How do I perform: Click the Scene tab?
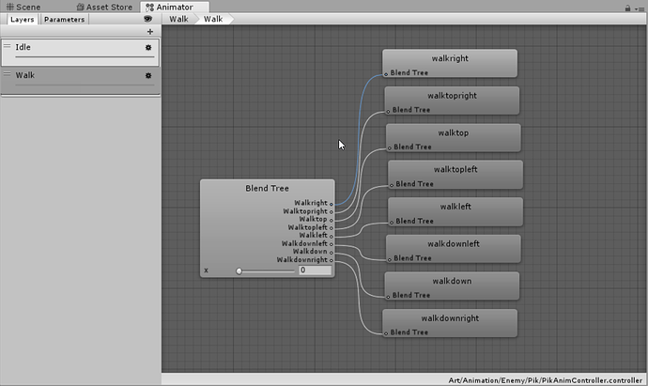click(23, 7)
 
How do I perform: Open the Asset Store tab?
click(104, 7)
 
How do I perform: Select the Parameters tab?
click(64, 20)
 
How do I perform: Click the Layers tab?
click(23, 20)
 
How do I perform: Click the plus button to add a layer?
click(150, 31)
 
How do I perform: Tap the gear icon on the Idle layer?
click(148, 48)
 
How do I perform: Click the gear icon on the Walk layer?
click(148, 76)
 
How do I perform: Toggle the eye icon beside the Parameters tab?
click(147, 19)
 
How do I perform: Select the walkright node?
click(450, 63)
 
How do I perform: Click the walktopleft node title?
click(455, 169)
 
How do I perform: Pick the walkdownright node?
click(450, 323)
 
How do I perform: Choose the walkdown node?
click(452, 286)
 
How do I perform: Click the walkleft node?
click(455, 211)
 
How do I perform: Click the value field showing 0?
click(315, 270)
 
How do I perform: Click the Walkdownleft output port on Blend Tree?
click(331, 244)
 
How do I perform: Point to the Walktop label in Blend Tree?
click(313, 219)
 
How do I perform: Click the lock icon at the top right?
click(627, 8)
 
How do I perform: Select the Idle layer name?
click(23, 47)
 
